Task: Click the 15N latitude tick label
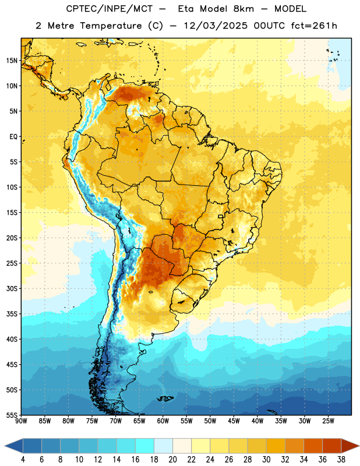12,61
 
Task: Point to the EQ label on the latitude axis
13,137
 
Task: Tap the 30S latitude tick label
12,288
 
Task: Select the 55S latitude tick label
12,415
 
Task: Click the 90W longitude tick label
21,421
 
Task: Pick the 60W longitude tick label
163,421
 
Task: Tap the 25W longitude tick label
328,421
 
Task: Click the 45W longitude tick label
234,421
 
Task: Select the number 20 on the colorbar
172,460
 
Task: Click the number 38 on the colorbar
341,460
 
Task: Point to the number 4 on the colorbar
23,460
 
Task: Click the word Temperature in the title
111,26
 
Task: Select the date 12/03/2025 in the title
216,26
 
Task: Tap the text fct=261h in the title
314,26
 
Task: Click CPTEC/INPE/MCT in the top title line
109,9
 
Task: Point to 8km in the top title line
243,9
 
